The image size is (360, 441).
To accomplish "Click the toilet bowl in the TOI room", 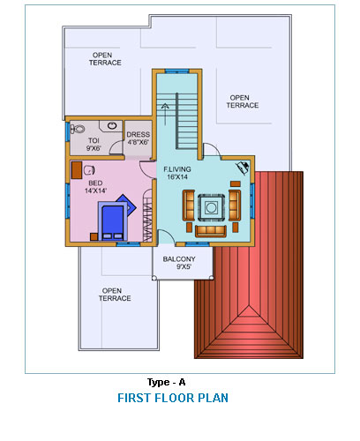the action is click(x=78, y=129).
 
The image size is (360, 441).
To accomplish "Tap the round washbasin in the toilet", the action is click(x=112, y=125).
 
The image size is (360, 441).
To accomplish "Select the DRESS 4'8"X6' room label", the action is click(x=138, y=138).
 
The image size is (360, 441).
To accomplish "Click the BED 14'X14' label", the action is click(x=95, y=187).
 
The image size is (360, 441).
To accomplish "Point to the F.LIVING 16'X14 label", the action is click(x=177, y=173).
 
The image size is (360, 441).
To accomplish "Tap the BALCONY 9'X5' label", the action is click(x=179, y=263).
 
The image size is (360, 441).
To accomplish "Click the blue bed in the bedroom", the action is click(x=113, y=221).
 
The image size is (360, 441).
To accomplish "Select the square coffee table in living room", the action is click(x=211, y=207).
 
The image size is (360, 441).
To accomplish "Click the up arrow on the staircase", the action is click(x=165, y=114).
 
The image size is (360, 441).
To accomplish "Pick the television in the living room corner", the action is click(x=243, y=168).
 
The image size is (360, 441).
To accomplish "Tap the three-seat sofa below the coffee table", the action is click(x=211, y=231).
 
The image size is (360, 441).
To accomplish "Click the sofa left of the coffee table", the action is click(x=189, y=206).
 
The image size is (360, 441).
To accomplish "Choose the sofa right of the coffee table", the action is click(x=235, y=206).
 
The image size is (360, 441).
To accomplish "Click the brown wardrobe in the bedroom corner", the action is click(x=77, y=170).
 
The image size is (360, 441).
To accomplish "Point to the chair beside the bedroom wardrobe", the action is click(x=89, y=170).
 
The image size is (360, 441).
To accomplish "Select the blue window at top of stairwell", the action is click(x=176, y=71).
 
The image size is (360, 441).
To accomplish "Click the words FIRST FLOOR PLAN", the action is click(x=173, y=398).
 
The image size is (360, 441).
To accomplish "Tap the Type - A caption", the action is click(x=167, y=382).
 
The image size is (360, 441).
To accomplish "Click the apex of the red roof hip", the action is click(x=249, y=306).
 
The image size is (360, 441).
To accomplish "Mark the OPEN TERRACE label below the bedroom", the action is click(x=115, y=295).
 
